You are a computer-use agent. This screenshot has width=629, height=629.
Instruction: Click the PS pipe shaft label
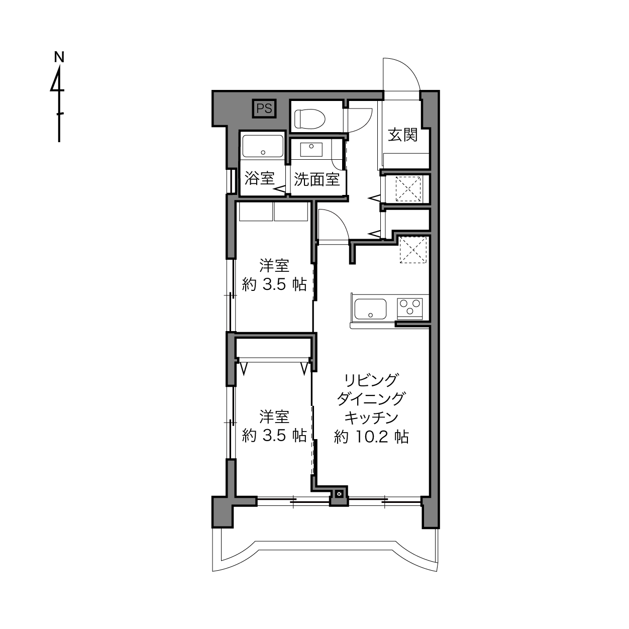[264, 108]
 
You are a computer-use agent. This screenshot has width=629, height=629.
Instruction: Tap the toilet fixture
[309, 119]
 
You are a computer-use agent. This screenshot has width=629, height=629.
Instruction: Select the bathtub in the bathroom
[262, 146]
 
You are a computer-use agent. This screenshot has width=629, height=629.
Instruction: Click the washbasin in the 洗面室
[310, 150]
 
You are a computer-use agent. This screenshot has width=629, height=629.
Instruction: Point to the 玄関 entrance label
[403, 135]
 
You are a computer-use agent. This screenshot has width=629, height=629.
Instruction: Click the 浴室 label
[259, 178]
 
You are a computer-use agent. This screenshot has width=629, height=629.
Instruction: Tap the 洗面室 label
[317, 179]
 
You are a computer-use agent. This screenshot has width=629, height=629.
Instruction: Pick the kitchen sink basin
[370, 309]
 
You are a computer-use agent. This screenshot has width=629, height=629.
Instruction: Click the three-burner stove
[409, 308]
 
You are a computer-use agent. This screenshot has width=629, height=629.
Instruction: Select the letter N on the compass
[59, 57]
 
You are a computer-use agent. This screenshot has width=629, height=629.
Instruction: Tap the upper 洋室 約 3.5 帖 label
[274, 275]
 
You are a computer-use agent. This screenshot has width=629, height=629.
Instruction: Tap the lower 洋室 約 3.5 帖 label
[274, 426]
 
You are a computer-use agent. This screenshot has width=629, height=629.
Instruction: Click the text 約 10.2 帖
[371, 437]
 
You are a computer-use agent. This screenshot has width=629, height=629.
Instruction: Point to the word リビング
[371, 380]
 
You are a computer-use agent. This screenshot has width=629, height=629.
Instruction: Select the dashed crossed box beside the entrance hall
[408, 189]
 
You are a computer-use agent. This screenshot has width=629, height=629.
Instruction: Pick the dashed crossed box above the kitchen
[413, 250]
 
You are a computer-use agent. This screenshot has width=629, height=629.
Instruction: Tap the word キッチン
[371, 418]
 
